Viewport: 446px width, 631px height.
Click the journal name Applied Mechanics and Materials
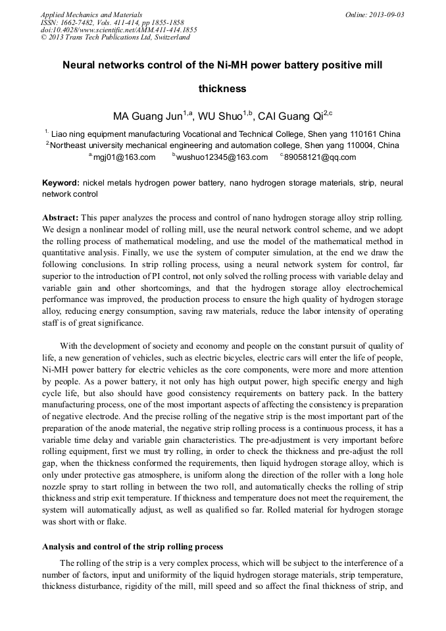point(91,14)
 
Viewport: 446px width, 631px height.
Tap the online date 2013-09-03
point(383,14)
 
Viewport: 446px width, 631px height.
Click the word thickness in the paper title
point(222,88)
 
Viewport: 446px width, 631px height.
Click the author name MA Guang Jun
point(147,117)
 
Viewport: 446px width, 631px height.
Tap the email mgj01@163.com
point(124,157)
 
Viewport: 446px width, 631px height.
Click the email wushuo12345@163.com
point(222,157)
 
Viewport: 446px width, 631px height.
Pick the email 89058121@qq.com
point(320,157)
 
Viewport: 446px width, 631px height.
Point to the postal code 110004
point(362,145)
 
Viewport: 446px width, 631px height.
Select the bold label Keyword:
point(61,182)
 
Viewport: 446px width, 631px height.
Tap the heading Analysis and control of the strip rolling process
point(132,547)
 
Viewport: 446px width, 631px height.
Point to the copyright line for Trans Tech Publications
point(115,37)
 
